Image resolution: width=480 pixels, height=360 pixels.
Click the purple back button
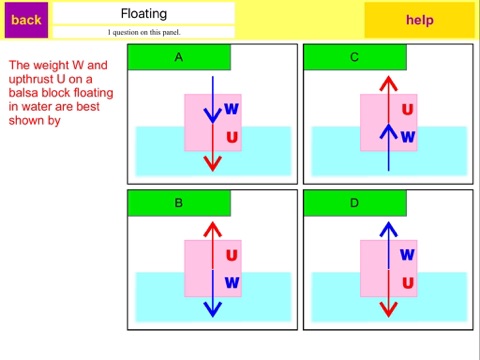(26, 20)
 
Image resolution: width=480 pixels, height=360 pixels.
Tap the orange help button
(419, 20)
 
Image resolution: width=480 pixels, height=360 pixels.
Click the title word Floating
(144, 14)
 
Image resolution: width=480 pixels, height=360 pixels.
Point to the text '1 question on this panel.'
(144, 32)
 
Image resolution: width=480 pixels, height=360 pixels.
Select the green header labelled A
(179, 57)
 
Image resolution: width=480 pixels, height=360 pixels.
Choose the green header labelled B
(179, 203)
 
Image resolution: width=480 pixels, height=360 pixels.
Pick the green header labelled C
(355, 57)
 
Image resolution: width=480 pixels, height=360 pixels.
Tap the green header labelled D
(355, 203)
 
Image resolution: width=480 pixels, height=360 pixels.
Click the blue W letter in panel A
(232, 109)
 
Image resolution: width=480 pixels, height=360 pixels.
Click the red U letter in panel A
(232, 137)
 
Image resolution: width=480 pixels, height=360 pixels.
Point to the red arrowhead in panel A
(213, 163)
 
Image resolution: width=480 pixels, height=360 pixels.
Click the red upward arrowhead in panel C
(389, 83)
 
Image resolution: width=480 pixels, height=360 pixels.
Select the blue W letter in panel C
(408, 137)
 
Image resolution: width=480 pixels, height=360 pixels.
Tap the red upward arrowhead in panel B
(213, 229)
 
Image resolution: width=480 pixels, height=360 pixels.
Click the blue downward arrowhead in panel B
(213, 309)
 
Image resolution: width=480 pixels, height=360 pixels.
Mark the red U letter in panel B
(232, 255)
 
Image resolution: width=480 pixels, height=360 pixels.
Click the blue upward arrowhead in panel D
(389, 229)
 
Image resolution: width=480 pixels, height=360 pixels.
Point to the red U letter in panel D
(408, 283)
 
